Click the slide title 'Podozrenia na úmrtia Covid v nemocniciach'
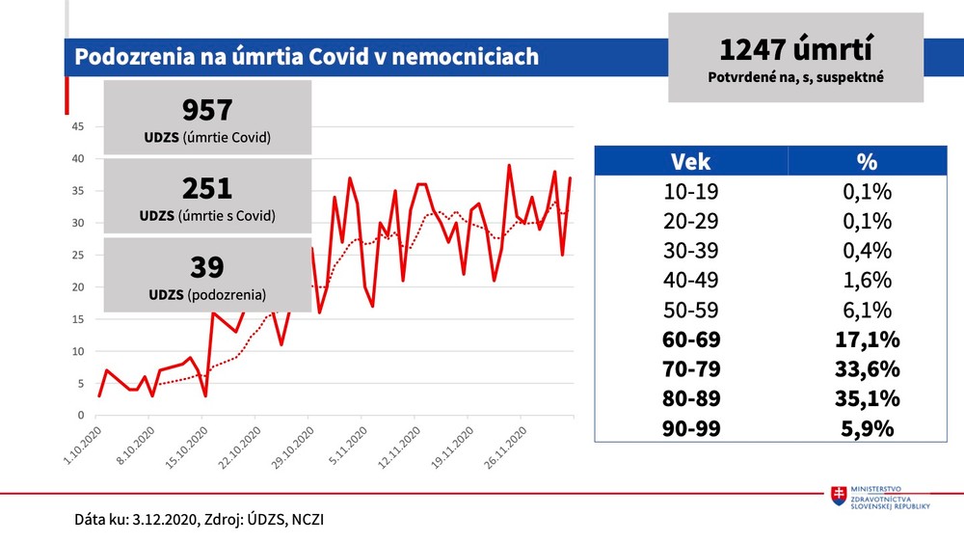pyautogui.click(x=307, y=57)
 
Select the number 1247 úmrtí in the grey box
pyautogui.click(x=795, y=50)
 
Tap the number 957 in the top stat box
pyautogui.click(x=206, y=110)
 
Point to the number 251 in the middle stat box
pyautogui.click(x=206, y=188)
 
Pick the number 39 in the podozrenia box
pyautogui.click(x=206, y=267)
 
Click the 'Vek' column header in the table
pyautogui.click(x=690, y=161)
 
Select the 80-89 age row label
pyautogui.click(x=690, y=398)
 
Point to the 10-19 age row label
pyautogui.click(x=690, y=192)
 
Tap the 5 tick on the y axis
pyautogui.click(x=80, y=383)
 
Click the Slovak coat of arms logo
pyautogui.click(x=841, y=494)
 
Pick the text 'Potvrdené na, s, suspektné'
pyautogui.click(x=795, y=75)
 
